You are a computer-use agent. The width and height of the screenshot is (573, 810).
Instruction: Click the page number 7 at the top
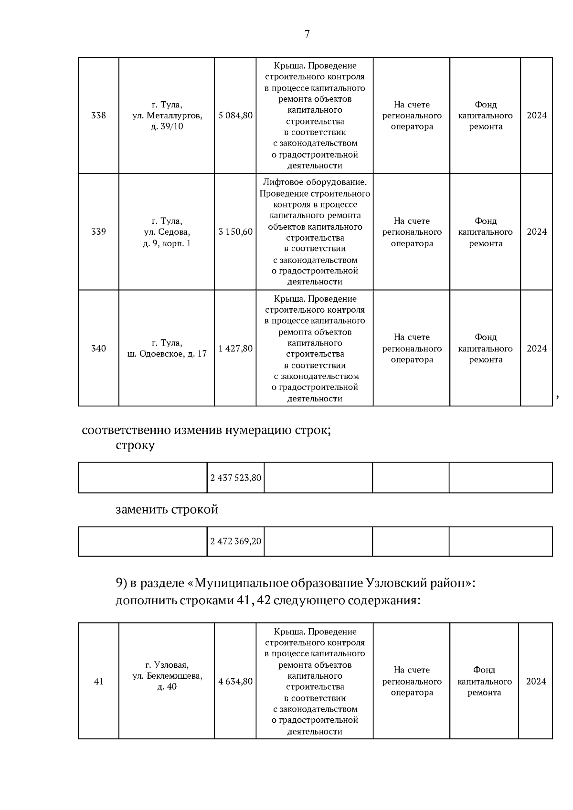pos(307,34)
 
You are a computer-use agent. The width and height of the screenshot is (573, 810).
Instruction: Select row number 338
pos(98,116)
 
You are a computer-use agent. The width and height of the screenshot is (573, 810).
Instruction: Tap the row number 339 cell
pos(98,232)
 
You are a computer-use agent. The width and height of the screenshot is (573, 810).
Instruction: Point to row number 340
pos(98,348)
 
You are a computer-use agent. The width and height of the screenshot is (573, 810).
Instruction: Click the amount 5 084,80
pos(235,116)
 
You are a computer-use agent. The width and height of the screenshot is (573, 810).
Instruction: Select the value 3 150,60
pos(235,232)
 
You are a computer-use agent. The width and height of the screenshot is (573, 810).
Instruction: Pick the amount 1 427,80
pos(235,348)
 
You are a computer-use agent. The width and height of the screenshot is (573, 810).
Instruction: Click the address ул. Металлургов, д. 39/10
pos(167,116)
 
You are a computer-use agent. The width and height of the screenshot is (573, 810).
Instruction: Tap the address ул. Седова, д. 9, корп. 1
pos(167,232)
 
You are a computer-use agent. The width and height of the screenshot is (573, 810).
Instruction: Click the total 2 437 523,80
pos(236,477)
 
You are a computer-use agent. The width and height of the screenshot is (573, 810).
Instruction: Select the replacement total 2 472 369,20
pos(236,542)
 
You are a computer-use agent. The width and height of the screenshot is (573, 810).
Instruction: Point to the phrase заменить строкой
pos(167,510)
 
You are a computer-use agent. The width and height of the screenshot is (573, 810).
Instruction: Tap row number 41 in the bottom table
pos(98,682)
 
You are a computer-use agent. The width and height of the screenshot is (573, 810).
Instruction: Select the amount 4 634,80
pos(235,682)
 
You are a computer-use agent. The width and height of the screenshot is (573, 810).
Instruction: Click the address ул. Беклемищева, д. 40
pos(167,676)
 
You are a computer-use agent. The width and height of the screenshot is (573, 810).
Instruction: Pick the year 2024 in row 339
pos(537,232)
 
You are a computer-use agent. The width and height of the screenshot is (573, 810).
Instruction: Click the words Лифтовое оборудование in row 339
pos(315,182)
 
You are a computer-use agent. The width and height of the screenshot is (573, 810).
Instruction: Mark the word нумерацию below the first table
pos(257,430)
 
